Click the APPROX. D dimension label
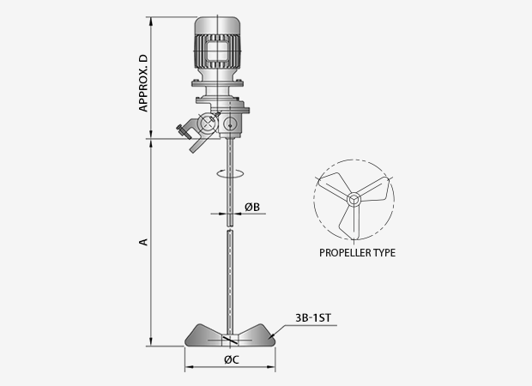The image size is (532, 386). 143,82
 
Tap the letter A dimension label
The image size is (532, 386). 144,242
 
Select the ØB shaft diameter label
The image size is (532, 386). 252,207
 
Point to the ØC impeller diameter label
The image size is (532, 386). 232,359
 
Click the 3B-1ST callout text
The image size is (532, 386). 313,318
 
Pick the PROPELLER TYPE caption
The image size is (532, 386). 357,253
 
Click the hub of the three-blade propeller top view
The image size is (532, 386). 354,200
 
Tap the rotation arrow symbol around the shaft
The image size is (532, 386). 230,173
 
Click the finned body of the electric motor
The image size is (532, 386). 217,51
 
